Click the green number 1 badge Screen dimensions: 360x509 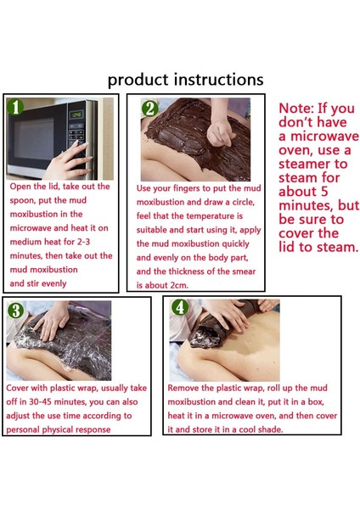point(15,107)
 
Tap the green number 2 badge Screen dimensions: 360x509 point(149,109)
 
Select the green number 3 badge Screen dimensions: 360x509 point(15,310)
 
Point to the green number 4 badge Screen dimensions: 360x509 point(180,307)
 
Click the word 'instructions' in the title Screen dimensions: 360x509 point(219,79)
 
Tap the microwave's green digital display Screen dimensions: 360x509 point(76,115)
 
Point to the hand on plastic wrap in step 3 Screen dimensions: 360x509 point(52,321)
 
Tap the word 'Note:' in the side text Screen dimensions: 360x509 point(296,108)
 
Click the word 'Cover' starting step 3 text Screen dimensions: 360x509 point(17,388)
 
